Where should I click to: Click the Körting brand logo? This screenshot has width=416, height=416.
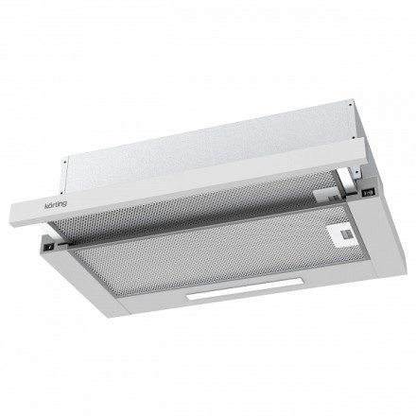[56, 204]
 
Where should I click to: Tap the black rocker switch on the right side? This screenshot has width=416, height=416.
[369, 192]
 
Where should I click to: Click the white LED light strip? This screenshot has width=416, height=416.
[245, 288]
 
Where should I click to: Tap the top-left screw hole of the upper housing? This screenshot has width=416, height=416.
[65, 162]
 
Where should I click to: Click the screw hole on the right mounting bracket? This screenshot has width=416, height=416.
[357, 171]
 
